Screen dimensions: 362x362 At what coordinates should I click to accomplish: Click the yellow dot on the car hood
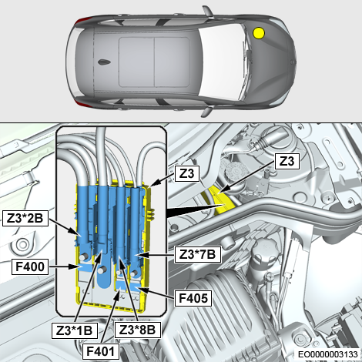tap(259, 33)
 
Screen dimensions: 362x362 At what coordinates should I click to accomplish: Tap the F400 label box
tap(30, 266)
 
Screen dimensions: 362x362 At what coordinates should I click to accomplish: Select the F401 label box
tap(101, 351)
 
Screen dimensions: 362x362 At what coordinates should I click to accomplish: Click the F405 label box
tap(193, 298)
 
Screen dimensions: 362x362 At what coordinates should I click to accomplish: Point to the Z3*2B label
tap(25, 219)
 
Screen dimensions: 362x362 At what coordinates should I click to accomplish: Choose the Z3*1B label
tap(75, 330)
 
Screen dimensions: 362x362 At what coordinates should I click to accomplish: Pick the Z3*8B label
tap(138, 330)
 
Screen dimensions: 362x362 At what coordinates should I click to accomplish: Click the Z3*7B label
tap(198, 255)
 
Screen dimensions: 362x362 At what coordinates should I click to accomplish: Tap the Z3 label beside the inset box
tap(187, 174)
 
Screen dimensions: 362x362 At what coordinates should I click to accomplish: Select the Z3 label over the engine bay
tap(287, 162)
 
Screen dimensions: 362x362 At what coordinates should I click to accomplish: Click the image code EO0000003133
tap(328, 354)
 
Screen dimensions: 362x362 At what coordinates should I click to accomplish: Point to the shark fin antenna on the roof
tap(104, 62)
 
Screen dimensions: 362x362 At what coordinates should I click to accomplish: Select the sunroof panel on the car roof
tap(154, 62)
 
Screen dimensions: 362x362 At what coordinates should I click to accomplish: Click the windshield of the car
tap(222, 62)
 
